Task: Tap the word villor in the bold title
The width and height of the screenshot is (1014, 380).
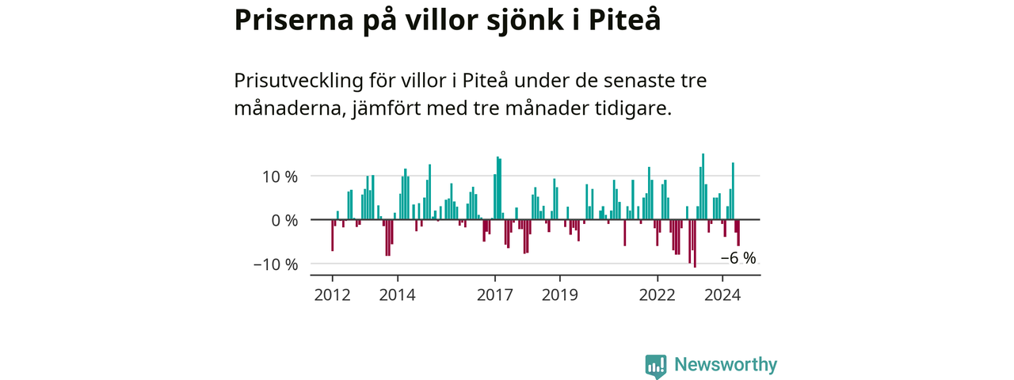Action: pyautogui.click(x=441, y=20)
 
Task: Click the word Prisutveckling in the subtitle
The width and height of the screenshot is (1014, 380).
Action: pyautogui.click(x=299, y=82)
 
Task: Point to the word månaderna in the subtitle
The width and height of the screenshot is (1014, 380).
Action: pyautogui.click(x=290, y=108)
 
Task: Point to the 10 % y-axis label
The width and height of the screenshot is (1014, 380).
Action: pyautogui.click(x=280, y=177)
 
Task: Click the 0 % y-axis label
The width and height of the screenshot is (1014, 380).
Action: pyautogui.click(x=284, y=221)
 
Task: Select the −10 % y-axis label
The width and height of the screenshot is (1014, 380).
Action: pyautogui.click(x=276, y=264)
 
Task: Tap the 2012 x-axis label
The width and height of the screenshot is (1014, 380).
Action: pyautogui.click(x=332, y=295)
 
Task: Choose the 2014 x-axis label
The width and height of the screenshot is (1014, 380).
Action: pyautogui.click(x=397, y=295)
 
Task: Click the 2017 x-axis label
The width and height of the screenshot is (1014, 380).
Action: pyautogui.click(x=495, y=295)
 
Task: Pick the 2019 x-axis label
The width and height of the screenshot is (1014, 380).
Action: pyautogui.click(x=560, y=295)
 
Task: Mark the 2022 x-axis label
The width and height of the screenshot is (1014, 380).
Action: pyautogui.click(x=658, y=295)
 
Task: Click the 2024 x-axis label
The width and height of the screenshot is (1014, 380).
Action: pyautogui.click(x=722, y=295)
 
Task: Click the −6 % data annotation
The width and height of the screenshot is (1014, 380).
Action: pyautogui.click(x=738, y=258)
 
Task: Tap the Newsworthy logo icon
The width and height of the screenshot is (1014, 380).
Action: pyautogui.click(x=656, y=367)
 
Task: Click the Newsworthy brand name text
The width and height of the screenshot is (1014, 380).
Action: pyautogui.click(x=726, y=364)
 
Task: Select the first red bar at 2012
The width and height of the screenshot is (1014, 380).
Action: pyautogui.click(x=332, y=235)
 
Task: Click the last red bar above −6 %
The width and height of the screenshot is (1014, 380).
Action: pyautogui.click(x=738, y=233)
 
